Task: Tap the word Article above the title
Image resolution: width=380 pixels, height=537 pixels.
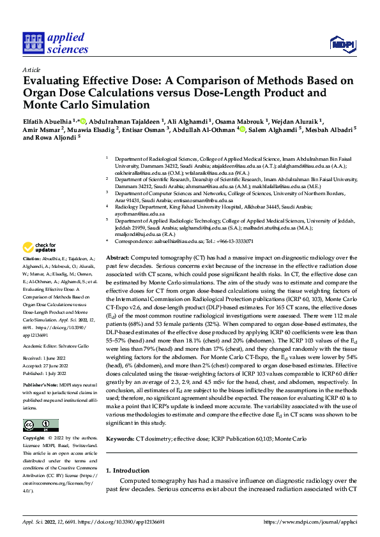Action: [x=31, y=70]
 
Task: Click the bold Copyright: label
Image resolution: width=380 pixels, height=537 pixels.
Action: [x=35, y=438]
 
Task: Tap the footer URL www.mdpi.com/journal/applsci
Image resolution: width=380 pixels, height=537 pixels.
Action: [x=319, y=521]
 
